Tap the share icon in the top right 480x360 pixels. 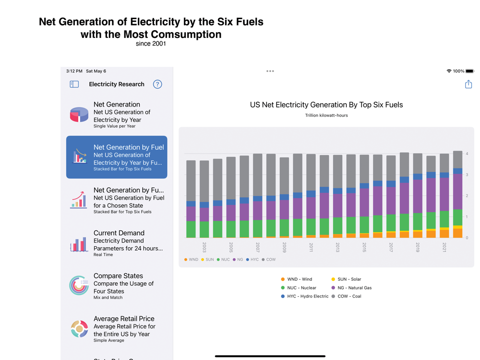pos(468,84)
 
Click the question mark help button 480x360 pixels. pos(157,84)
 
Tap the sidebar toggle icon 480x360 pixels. pos(74,84)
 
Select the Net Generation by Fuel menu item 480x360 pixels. pos(117,157)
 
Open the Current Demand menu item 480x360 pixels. pos(117,243)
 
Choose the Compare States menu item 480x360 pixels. pos(117,286)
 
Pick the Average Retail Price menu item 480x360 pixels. pos(117,329)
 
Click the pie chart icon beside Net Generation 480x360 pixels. pos(79,115)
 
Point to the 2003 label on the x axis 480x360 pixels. pos(204,247)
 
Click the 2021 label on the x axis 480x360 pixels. pos(444,247)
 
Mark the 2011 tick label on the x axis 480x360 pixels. pos(311,247)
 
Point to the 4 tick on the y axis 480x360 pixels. pos(467,154)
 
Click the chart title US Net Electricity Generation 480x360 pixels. pos(326,105)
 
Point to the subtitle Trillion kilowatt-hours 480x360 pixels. pos(326,115)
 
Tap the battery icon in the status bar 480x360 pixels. pos(469,71)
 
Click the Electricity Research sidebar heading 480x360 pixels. pos(117,84)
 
